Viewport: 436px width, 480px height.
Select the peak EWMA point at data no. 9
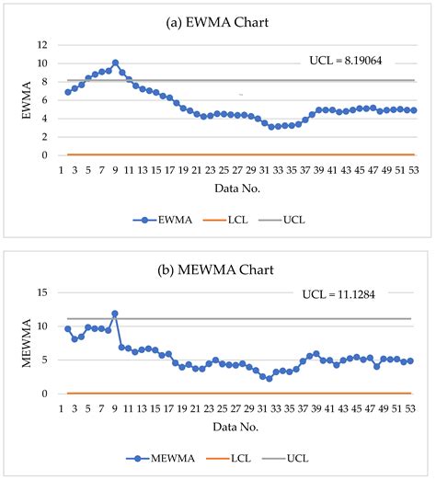115,63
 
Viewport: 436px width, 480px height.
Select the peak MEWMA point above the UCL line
115,314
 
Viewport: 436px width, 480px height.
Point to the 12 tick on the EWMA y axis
41,44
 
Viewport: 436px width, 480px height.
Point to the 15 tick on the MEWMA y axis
41,293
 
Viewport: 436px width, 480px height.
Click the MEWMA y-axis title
17,343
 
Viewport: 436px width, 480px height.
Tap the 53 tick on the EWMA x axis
413,170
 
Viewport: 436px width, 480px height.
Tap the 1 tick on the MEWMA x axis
62,407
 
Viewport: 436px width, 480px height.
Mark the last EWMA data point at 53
414,110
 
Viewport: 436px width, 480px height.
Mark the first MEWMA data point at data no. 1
67,328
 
